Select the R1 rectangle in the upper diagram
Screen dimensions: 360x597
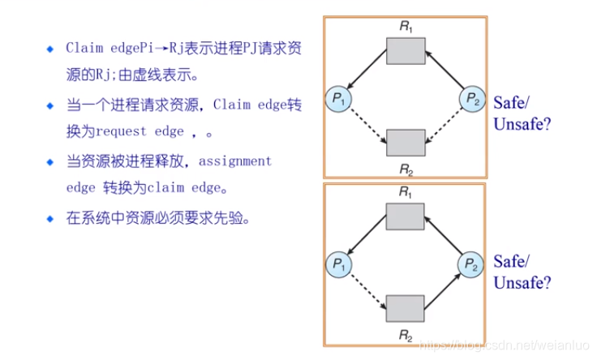[405, 50]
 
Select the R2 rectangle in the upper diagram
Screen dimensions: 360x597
[405, 142]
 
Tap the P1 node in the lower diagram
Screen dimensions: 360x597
[337, 263]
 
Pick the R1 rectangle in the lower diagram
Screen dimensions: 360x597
[405, 216]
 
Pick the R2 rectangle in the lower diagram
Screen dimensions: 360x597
[405, 308]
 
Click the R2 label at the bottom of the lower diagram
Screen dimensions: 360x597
[405, 334]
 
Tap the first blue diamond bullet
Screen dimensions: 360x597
[50, 48]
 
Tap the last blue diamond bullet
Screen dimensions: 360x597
[50, 218]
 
